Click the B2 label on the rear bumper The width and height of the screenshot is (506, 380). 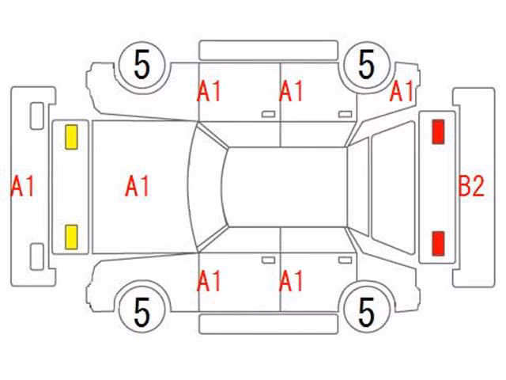coord(471,186)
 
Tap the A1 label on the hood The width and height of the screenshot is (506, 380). coord(137,186)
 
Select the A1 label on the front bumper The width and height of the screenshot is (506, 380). coord(22,186)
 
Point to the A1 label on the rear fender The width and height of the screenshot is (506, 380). coord(402,91)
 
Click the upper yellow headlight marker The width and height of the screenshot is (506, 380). coord(71,137)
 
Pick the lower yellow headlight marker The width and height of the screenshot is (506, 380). coord(71,237)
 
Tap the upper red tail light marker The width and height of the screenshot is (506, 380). coord(438,131)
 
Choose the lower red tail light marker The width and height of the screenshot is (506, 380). coord(438,243)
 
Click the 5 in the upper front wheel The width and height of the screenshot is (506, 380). coord(142,65)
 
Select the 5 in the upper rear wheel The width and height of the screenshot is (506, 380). coord(366,65)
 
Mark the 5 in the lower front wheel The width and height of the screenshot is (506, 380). coord(142,312)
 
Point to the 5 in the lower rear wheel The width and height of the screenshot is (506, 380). coord(366,312)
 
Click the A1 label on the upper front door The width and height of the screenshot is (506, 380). coord(209,91)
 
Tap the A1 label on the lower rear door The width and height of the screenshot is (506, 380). coord(291,281)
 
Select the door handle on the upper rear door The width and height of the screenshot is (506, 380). coord(345,114)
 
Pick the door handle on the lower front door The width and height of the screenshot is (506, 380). coord(268,260)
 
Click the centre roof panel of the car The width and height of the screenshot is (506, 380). coord(286,187)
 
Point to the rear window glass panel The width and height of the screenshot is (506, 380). coord(393,188)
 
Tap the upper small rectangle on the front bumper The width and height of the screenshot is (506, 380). coord(37,116)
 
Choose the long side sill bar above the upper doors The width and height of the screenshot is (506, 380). coord(269,51)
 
